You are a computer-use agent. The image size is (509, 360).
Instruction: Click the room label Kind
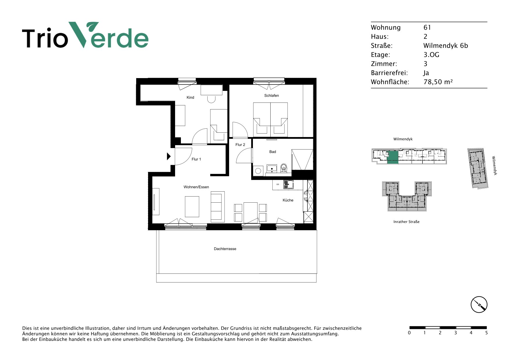click(x=190, y=98)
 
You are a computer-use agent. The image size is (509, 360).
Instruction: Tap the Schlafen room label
click(x=271, y=96)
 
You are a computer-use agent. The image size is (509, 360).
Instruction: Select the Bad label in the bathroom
click(x=273, y=152)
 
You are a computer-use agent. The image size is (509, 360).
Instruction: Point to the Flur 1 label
click(x=196, y=159)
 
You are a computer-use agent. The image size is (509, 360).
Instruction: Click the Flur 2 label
click(x=240, y=145)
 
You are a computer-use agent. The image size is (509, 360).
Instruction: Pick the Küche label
click(x=288, y=200)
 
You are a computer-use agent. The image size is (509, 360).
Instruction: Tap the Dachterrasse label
click(x=225, y=249)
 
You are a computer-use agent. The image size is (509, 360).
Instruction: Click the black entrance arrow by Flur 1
click(x=169, y=156)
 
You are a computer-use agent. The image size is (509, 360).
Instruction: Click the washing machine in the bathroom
click(x=258, y=171)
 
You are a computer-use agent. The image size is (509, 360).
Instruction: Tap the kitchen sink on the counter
click(x=289, y=184)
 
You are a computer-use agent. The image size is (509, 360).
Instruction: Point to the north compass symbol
click(x=479, y=305)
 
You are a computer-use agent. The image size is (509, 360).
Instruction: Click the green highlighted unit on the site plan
click(x=393, y=158)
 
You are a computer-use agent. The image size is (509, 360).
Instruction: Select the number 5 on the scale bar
click(x=486, y=333)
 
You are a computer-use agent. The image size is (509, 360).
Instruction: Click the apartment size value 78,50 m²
click(x=438, y=82)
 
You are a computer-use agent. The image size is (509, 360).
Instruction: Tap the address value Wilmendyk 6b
click(x=446, y=46)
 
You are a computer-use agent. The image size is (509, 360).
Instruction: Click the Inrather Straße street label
click(x=406, y=222)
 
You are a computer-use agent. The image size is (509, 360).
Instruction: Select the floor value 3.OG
click(x=431, y=55)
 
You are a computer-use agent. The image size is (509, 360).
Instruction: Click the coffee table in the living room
click(x=192, y=207)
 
